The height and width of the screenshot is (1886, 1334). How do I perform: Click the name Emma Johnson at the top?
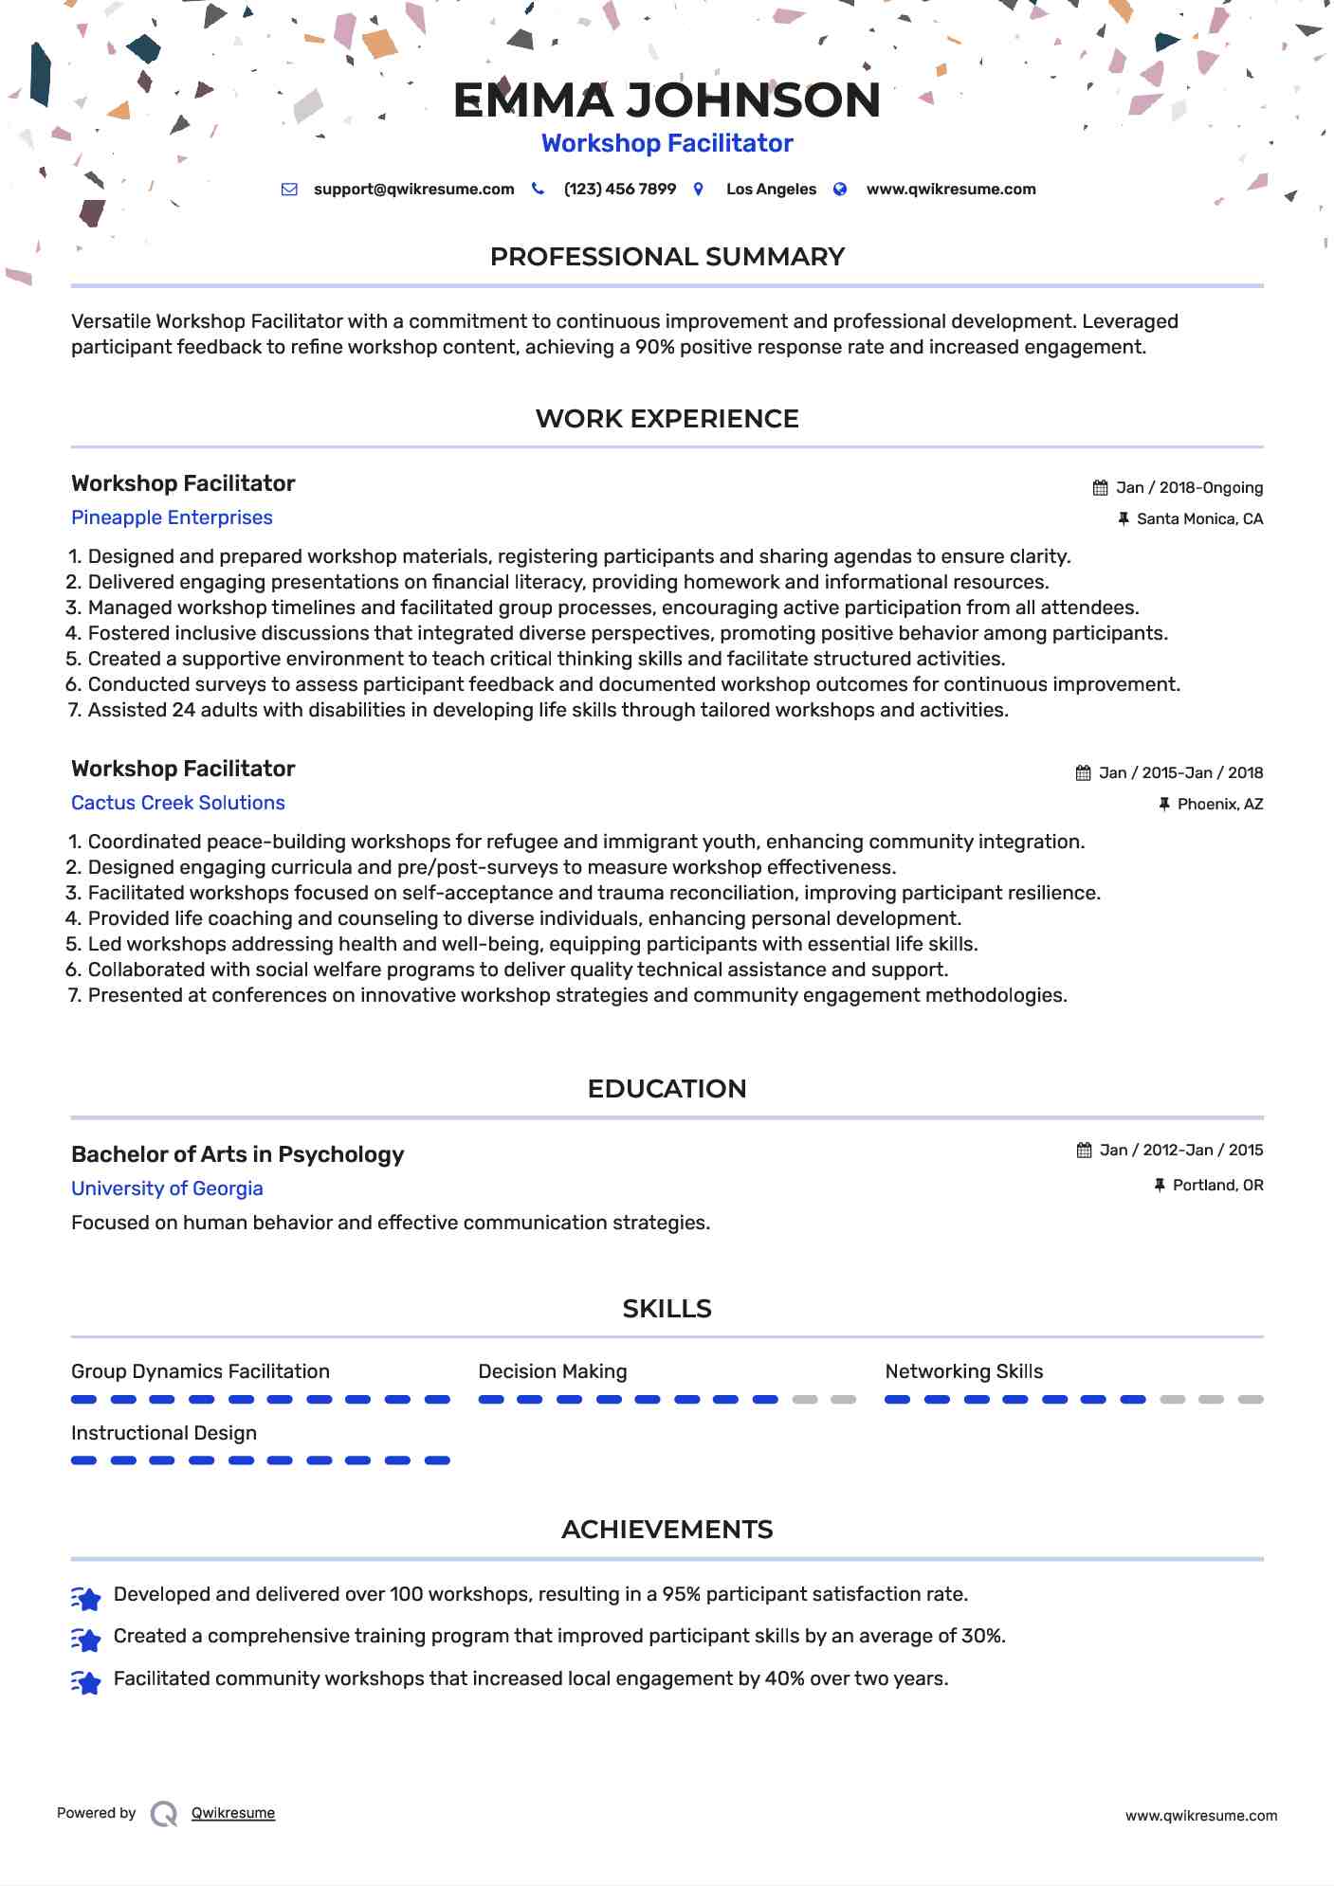click(667, 100)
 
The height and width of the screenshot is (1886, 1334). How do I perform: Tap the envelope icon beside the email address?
click(289, 190)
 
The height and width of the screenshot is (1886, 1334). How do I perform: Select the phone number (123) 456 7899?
click(619, 190)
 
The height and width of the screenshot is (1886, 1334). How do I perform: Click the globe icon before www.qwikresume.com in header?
click(840, 190)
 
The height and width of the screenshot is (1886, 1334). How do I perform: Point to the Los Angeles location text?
click(771, 190)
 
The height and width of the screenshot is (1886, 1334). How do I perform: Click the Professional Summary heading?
click(667, 257)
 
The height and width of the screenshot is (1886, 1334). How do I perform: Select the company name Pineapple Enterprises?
click(172, 517)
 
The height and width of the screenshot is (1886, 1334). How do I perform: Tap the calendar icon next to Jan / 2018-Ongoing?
click(1100, 488)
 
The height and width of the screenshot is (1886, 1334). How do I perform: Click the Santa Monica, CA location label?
click(1199, 519)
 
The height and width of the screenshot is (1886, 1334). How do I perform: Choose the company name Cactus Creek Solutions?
click(178, 803)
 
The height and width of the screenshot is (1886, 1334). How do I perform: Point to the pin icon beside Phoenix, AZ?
click(1164, 805)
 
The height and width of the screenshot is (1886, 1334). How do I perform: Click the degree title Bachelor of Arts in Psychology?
click(237, 1154)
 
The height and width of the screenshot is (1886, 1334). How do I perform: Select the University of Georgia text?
click(167, 1188)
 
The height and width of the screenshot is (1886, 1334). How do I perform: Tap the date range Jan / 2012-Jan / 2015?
click(1180, 1151)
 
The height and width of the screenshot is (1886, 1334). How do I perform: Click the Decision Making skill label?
click(552, 1371)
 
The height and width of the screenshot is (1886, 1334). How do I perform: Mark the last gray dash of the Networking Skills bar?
click(1251, 1400)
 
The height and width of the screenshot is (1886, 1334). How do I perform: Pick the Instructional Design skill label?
click(164, 1433)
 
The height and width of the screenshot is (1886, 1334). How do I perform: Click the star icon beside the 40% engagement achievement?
click(86, 1682)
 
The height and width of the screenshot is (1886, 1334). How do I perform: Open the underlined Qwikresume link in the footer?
click(233, 1813)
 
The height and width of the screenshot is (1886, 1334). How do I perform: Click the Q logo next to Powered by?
click(164, 1814)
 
